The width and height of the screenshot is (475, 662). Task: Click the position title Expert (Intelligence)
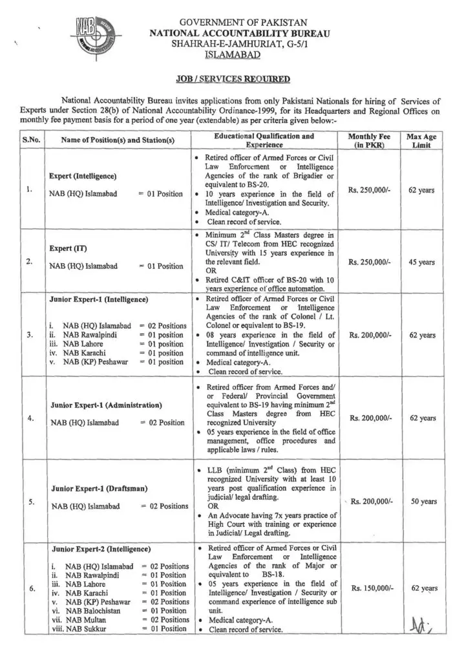[83, 176]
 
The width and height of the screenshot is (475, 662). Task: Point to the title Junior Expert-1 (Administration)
[105, 405]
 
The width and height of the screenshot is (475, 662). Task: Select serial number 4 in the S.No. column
[30, 418]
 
